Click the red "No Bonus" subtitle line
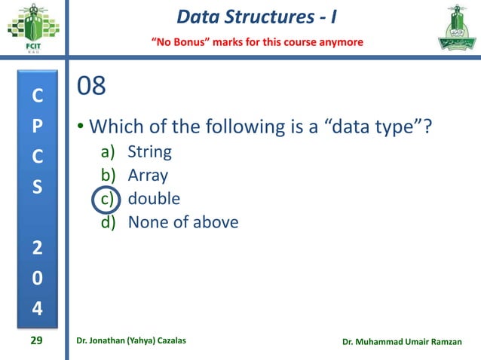pyautogui.click(x=259, y=41)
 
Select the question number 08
pyautogui.click(x=91, y=87)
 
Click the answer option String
pyautogui.click(x=150, y=153)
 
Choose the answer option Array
pyautogui.click(x=148, y=176)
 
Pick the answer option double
pyautogui.click(x=154, y=199)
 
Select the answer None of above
pyautogui.click(x=183, y=222)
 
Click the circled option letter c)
pyautogui.click(x=109, y=200)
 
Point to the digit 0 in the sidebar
pyautogui.click(x=37, y=278)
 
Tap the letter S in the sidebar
pyautogui.click(x=37, y=185)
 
